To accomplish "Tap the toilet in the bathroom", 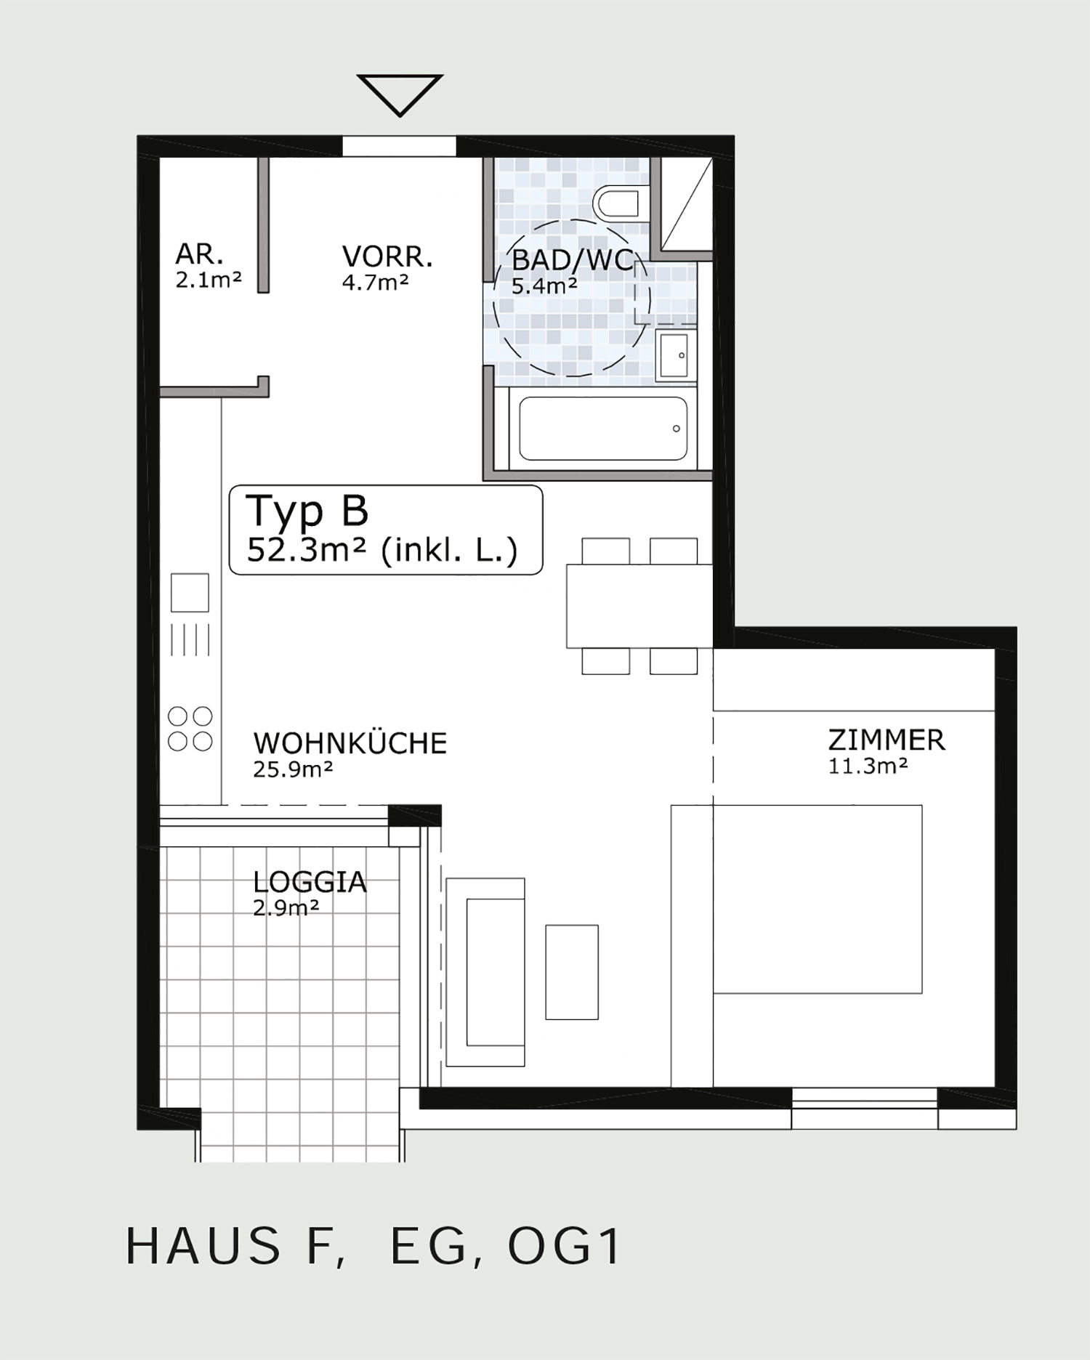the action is (616, 203).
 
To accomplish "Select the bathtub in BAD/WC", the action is (603, 429).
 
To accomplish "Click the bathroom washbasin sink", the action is (676, 355).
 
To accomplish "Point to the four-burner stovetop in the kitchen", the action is (190, 729).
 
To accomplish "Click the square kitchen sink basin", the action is (190, 593).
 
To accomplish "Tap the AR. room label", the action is (199, 255).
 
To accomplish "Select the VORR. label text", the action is (387, 257).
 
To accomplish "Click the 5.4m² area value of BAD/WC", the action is (544, 286).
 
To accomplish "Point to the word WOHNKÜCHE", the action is (350, 743).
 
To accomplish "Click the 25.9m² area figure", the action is (293, 769).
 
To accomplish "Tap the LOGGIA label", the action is (310, 882).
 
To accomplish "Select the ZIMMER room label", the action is (887, 740).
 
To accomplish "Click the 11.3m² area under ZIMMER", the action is (868, 766).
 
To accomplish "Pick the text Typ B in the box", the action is (307, 511).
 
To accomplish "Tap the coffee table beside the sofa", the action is (572, 972).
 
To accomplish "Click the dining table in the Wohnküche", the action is (639, 606).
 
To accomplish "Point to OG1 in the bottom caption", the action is (564, 1246).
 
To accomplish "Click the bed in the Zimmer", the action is (796, 899).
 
